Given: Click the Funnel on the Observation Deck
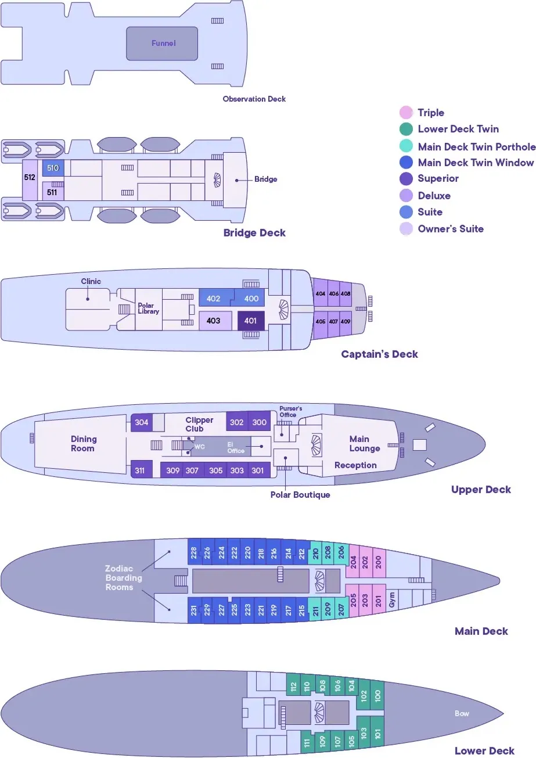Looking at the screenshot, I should tap(163, 44).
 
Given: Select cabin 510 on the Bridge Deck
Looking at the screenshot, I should tap(53, 168).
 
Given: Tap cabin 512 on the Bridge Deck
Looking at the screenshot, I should tap(29, 178).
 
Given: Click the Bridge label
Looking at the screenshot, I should tap(265, 179).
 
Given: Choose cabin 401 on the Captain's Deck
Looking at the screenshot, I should tap(250, 321).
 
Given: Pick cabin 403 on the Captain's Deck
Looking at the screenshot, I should tap(214, 321).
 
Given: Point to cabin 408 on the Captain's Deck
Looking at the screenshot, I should tap(346, 294).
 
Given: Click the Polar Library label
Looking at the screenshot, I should tap(148, 308).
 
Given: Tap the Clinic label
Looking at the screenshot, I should tap(91, 282).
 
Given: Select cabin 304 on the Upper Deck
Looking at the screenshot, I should tap(141, 423).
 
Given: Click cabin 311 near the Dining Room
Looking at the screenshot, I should tap(139, 470).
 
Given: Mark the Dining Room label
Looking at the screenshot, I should tap(84, 444).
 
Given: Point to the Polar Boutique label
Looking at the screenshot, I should tap(300, 495).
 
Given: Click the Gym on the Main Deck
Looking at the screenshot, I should tap(392, 603).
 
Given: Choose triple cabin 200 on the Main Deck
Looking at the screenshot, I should tap(378, 562).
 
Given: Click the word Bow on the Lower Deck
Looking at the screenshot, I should tap(462, 713).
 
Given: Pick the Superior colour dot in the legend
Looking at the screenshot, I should tap(407, 179).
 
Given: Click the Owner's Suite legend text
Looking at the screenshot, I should tap(450, 229).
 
